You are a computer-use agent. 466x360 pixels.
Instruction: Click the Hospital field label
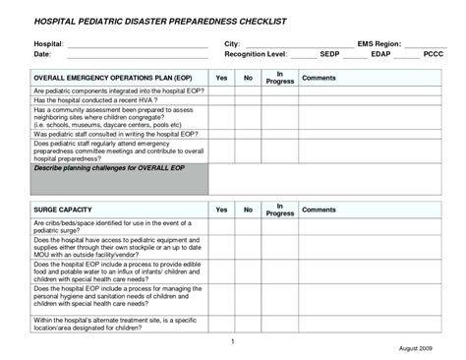(48, 45)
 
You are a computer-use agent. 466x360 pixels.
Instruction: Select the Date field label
(42, 55)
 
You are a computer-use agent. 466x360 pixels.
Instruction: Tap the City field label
(232, 45)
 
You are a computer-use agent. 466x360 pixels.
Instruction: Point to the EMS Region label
(379, 45)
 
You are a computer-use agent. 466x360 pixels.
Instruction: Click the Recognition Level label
(256, 55)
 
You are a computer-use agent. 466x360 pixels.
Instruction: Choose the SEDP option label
(329, 55)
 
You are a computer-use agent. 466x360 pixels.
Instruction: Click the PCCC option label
(433, 55)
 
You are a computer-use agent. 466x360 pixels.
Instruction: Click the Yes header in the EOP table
(221, 77)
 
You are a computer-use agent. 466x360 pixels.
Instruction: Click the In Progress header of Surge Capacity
(280, 210)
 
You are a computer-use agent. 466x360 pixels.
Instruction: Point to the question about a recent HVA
(96, 99)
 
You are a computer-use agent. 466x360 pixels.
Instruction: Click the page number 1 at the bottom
(232, 340)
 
